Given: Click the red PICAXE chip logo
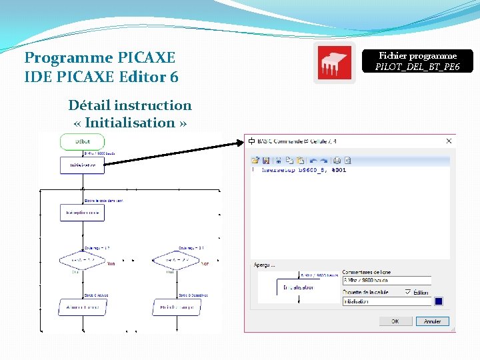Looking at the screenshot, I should point(334,64).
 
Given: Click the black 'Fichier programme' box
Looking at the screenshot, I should point(417,61).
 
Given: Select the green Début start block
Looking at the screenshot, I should point(83,141).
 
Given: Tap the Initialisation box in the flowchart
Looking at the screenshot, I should point(83,165).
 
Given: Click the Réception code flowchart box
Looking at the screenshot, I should point(83,213).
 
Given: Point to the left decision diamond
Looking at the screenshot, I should point(83,259).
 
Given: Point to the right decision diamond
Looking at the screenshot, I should point(177,259).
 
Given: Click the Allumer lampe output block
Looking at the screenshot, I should point(83,307).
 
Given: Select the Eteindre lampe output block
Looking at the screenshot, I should point(177,307).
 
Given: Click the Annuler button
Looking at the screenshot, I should point(433,321).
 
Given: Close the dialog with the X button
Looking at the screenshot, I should point(449,141).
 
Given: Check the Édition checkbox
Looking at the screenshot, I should point(408,292).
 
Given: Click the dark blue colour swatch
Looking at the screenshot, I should point(439,301).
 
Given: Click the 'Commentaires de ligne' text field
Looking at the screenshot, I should point(387,281).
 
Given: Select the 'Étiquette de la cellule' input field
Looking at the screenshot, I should point(387,301).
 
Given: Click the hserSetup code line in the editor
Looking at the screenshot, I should point(303,170).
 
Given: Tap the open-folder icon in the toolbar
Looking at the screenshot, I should point(255,160).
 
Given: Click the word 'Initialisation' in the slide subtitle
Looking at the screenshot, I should point(130,123).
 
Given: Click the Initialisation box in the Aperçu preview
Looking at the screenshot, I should point(298,287).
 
